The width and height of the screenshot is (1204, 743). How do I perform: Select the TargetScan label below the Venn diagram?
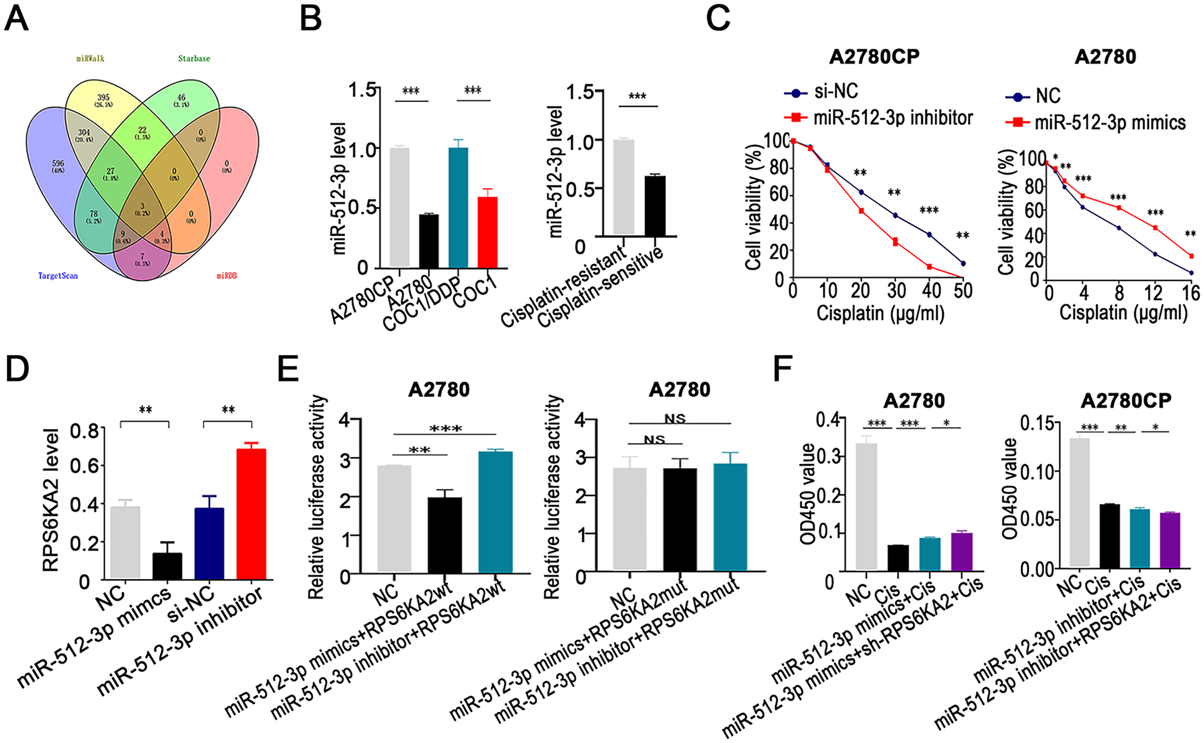[58, 276]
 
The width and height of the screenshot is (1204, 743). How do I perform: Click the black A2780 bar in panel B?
[429, 241]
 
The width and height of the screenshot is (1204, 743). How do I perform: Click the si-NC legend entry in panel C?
[821, 92]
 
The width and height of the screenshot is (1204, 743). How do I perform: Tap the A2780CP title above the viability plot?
[875, 57]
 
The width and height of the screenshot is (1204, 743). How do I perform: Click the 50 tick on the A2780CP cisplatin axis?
[963, 290]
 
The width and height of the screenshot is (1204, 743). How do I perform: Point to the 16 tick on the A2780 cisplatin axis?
[1191, 292]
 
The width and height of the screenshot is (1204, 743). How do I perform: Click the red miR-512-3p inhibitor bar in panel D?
[251, 513]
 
